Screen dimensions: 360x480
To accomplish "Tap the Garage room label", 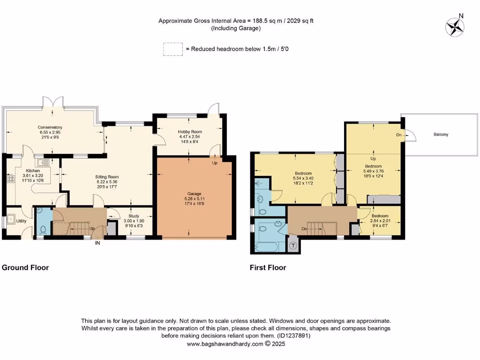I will click(x=195, y=194).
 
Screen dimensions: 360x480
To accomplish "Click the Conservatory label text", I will click(x=50, y=127).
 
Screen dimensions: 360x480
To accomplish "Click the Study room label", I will click(x=134, y=217).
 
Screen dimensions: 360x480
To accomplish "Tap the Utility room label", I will click(x=22, y=221).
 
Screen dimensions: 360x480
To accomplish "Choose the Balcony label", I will click(x=441, y=135).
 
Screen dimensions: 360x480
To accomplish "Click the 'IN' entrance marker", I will click(x=97, y=243).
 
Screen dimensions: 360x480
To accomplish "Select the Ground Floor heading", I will click(x=25, y=268).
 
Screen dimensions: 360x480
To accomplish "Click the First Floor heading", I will click(x=268, y=268).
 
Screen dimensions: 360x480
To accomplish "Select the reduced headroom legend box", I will click(x=172, y=49).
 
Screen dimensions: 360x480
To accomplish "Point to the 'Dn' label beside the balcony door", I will click(x=398, y=135).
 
